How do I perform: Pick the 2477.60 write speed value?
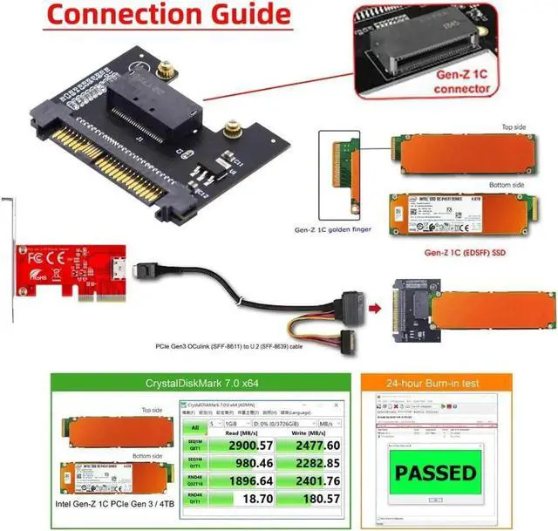(299, 445)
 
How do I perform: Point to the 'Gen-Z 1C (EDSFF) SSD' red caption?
(465, 252)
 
